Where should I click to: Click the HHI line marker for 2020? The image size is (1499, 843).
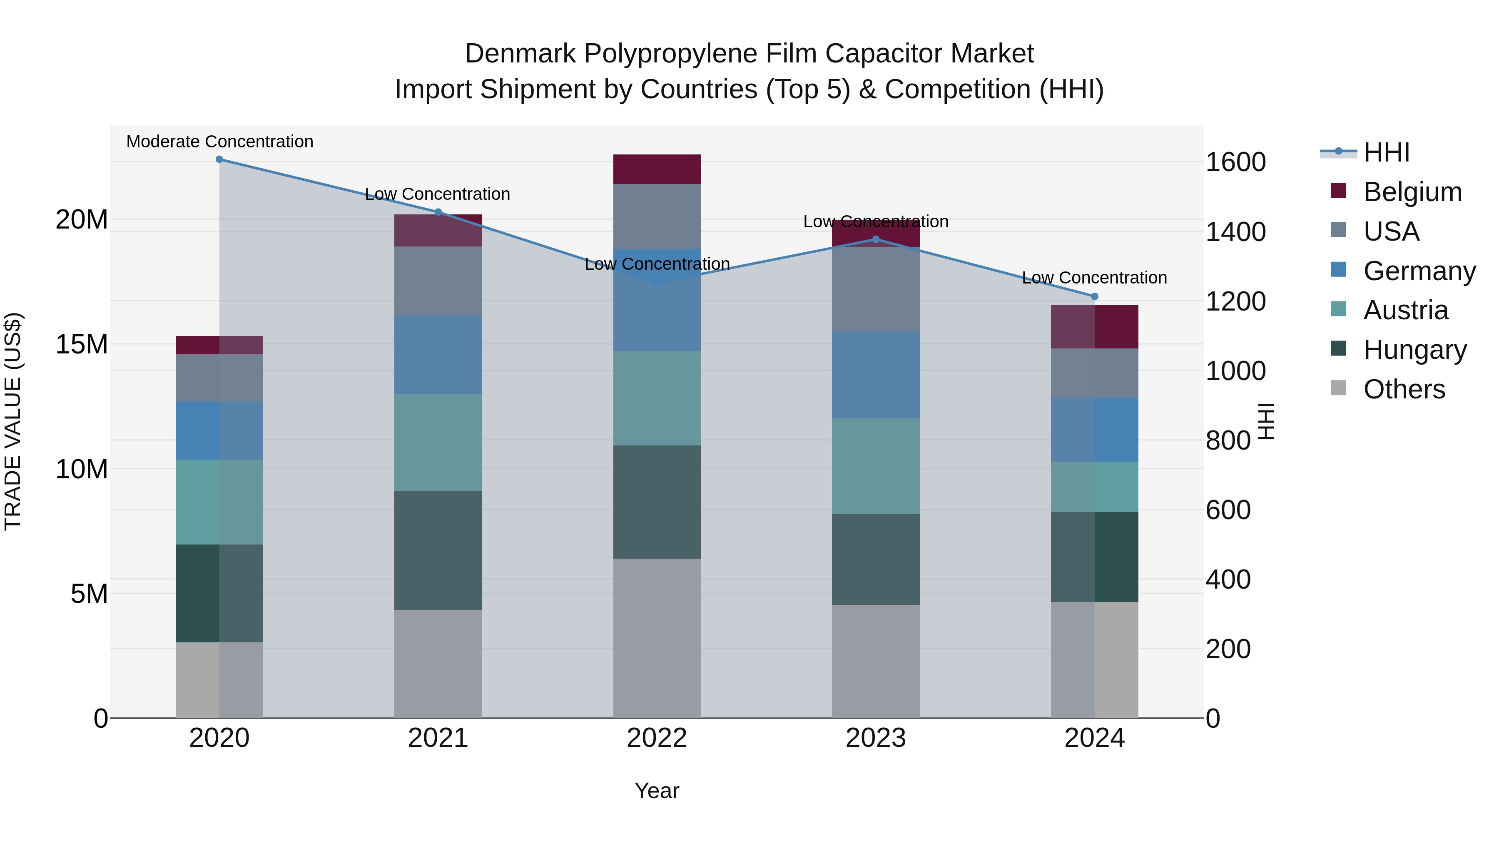pyautogui.click(x=219, y=159)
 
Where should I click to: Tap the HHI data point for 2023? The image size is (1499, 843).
pyautogui.click(x=876, y=239)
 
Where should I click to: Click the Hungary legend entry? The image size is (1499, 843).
pyautogui.click(x=1414, y=350)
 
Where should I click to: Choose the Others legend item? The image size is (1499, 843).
pyautogui.click(x=1404, y=389)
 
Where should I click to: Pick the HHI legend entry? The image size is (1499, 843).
pyautogui.click(x=1386, y=152)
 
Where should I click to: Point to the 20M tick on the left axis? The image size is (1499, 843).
pyautogui.click(x=82, y=220)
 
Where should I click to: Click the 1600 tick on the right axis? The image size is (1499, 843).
pyautogui.click(x=1235, y=162)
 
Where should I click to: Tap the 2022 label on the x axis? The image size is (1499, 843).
pyautogui.click(x=657, y=738)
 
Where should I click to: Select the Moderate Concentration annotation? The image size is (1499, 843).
pyautogui.click(x=219, y=142)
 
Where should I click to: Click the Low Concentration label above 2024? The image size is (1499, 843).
pyautogui.click(x=1094, y=278)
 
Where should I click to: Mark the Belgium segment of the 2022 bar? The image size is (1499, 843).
pyautogui.click(x=657, y=169)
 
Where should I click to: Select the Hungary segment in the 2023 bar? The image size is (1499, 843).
pyautogui.click(x=876, y=559)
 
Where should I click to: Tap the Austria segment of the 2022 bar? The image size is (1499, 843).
pyautogui.click(x=657, y=398)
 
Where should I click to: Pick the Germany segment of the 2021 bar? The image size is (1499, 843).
pyautogui.click(x=438, y=355)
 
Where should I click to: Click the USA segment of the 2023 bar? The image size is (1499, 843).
pyautogui.click(x=876, y=289)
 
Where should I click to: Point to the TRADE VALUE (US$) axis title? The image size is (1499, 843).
pyautogui.click(x=13, y=421)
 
